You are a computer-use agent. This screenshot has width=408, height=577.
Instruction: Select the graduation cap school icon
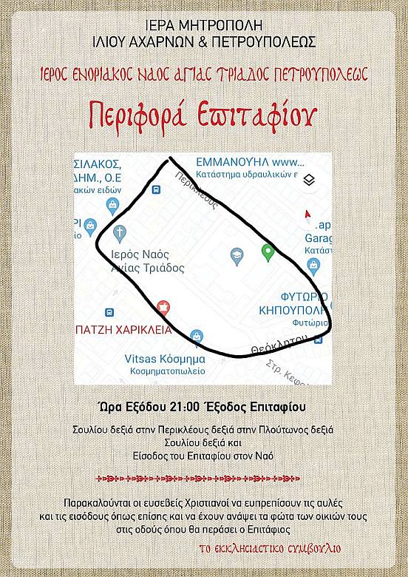click(237, 256)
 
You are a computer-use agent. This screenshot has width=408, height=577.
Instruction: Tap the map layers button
click(310, 180)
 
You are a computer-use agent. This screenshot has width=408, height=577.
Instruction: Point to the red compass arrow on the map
click(307, 215)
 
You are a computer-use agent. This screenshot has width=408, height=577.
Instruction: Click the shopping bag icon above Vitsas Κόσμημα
click(196, 337)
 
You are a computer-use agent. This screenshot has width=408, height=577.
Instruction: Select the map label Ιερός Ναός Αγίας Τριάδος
click(147, 260)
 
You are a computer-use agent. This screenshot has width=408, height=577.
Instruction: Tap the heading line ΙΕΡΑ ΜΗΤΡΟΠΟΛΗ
click(203, 23)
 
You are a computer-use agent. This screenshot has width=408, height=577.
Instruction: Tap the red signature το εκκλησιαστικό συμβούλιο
click(280, 549)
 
